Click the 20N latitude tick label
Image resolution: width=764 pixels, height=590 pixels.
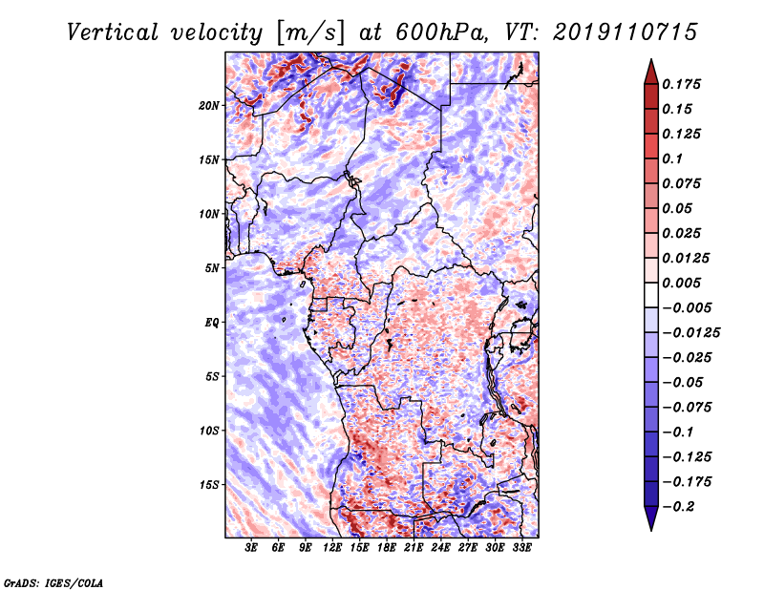pos(208,106)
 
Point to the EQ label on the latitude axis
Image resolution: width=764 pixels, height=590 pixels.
pos(212,323)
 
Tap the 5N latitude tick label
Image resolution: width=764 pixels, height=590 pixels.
pos(212,268)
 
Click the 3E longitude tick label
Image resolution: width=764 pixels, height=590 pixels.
pos(251,548)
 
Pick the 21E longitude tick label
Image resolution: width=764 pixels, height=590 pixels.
pos(414,548)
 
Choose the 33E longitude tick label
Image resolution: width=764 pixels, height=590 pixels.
pos(521,548)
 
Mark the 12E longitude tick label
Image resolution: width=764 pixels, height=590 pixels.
pos(332,548)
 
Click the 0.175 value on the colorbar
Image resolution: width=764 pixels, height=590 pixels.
pos(681,84)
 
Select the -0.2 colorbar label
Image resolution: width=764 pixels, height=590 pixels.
pos(678,507)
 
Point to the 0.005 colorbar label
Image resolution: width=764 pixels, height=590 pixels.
pos(681,283)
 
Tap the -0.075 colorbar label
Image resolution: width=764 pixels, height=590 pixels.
pos(687,408)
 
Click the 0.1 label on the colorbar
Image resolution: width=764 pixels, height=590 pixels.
pos(672,158)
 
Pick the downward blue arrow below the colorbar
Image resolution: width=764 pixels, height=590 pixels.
pos(651,518)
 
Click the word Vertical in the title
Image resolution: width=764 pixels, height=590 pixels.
pos(113,32)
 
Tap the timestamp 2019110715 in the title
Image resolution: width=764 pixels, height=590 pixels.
pos(626,32)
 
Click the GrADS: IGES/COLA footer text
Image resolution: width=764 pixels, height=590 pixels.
pos(53,582)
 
